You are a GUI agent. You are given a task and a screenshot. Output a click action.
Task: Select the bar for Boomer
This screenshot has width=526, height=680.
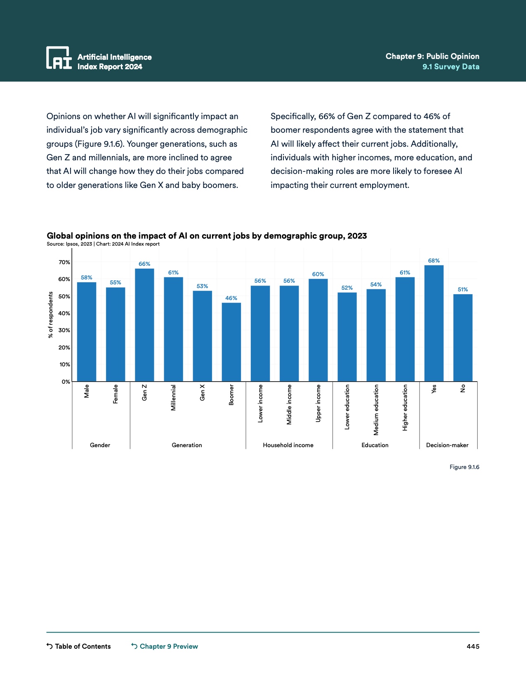tap(231, 342)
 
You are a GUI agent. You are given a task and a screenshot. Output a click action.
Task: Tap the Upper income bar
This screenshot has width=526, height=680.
tap(318, 330)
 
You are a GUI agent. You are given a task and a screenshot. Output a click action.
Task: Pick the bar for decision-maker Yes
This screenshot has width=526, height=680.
tap(434, 323)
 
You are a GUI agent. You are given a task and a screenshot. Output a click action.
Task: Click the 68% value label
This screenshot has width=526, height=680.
tap(434, 260)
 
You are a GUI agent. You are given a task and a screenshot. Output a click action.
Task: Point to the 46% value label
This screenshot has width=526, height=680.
tap(231, 298)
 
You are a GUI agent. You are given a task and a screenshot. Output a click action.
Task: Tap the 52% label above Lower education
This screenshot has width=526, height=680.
tap(347, 288)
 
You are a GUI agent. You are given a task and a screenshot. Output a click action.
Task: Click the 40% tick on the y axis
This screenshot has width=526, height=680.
tap(64, 313)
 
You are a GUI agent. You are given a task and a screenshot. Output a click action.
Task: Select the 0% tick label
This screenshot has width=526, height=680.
tap(66, 382)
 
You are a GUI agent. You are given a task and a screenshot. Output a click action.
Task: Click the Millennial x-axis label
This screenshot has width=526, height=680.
tap(174, 398)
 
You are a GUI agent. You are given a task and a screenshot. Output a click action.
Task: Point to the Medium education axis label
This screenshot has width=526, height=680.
tap(376, 410)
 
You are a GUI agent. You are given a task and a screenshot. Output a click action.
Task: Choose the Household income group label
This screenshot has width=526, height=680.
tap(288, 445)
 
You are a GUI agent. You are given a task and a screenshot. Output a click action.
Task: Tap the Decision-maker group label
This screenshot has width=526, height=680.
tap(447, 445)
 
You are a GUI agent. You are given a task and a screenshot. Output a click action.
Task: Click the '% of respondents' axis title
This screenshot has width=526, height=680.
tap(51, 314)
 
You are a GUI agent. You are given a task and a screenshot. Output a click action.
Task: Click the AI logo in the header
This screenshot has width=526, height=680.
tap(59, 58)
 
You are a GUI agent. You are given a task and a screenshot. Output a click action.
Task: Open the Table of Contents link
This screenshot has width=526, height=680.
tap(79, 646)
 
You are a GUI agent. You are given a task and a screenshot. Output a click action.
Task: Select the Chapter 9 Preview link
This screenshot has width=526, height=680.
tap(165, 646)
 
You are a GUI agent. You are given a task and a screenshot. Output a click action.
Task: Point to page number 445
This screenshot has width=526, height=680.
tap(473, 646)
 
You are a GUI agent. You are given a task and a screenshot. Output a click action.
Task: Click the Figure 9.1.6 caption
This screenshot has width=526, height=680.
tap(464, 467)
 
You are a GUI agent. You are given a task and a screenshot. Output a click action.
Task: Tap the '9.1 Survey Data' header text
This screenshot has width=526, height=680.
tap(451, 67)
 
